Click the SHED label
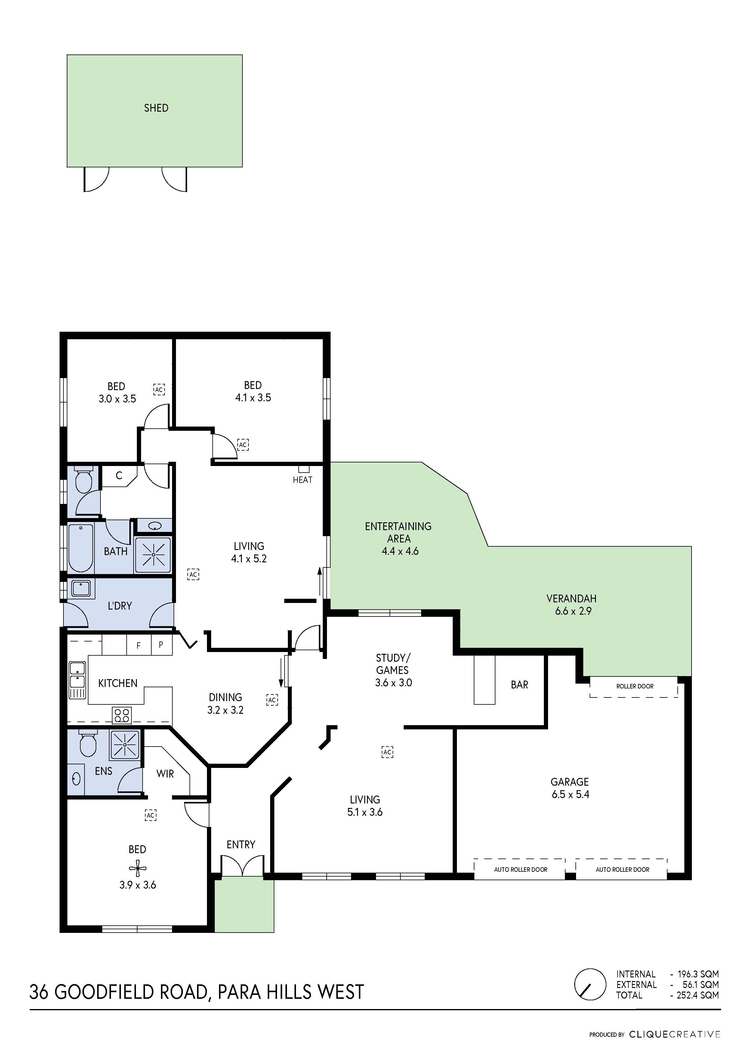coord(156,108)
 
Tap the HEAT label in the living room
coord(302,480)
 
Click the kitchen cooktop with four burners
coord(122,715)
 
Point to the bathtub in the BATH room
coord(80,548)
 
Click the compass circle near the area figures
coord(590,984)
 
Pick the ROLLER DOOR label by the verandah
coord(634,686)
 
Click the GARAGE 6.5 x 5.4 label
coord(570,788)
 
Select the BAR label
coord(519,685)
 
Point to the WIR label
coord(165,774)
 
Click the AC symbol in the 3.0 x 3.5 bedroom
coord(159,390)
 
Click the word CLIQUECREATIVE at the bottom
coord(674,1034)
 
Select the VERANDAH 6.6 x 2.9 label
coord(571,605)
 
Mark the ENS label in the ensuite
coord(103,771)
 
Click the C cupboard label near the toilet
coord(119,476)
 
